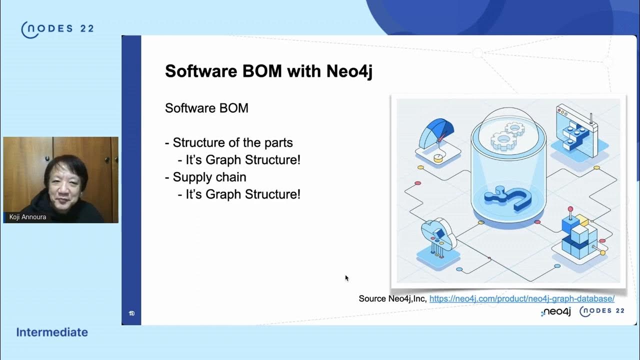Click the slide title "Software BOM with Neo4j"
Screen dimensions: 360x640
click(268, 71)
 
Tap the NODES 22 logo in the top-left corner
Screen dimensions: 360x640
click(57, 29)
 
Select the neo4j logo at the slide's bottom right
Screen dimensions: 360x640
click(555, 312)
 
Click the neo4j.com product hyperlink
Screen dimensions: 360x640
click(521, 298)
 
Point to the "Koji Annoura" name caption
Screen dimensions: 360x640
click(27, 217)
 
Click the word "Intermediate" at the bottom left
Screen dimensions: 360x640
click(52, 332)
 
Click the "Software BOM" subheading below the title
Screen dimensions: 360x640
click(206, 108)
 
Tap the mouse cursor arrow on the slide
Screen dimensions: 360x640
click(346, 278)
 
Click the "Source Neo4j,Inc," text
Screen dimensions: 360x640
click(392, 298)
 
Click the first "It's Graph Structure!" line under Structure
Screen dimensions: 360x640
click(243, 160)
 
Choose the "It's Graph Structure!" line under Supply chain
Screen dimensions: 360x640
click(243, 194)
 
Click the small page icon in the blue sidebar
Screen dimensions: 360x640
click(131, 313)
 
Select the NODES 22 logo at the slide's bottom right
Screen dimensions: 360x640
click(602, 311)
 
